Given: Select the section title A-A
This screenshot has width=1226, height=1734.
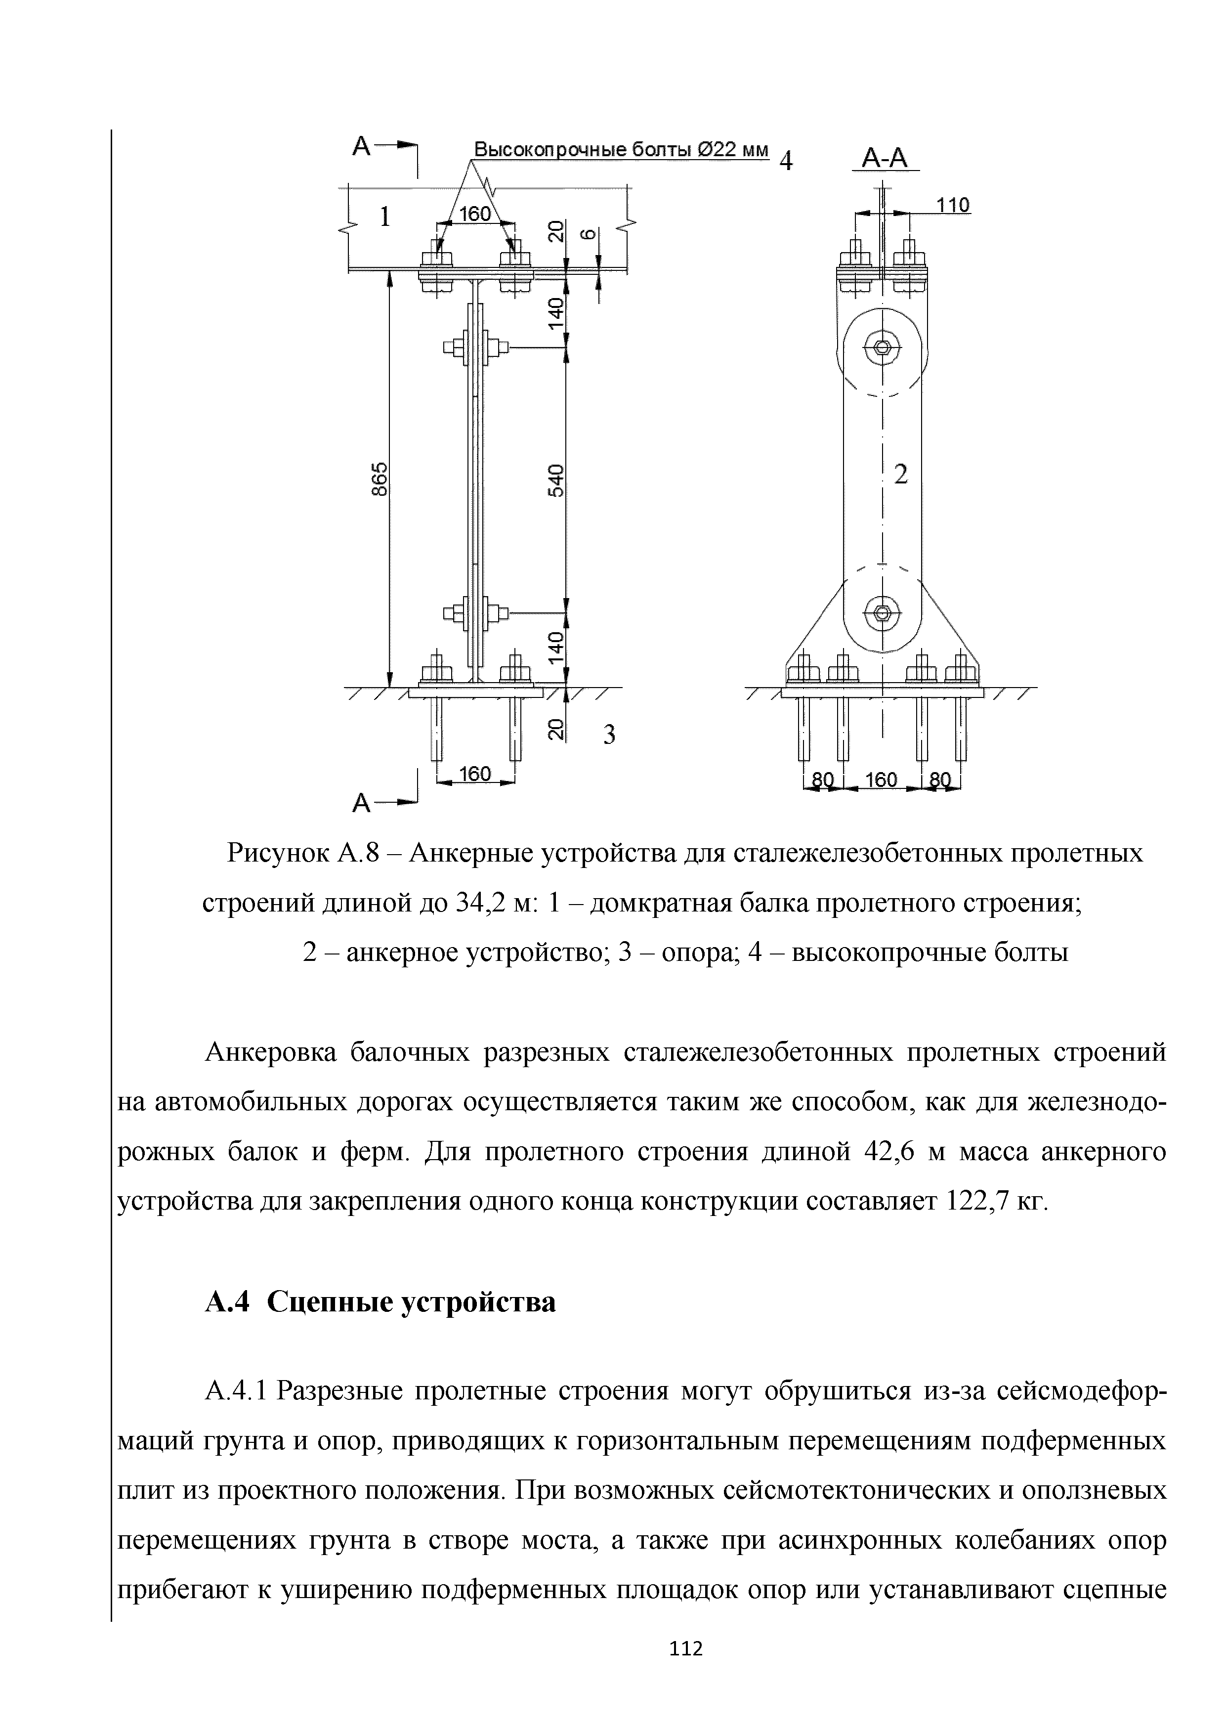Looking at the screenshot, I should [885, 159].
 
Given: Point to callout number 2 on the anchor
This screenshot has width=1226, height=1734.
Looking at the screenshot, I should [900, 475].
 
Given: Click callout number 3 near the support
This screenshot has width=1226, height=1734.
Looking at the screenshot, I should [610, 734].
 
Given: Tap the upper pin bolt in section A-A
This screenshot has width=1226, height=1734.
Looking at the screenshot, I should [883, 348].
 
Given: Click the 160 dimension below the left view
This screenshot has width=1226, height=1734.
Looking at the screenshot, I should [475, 774].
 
